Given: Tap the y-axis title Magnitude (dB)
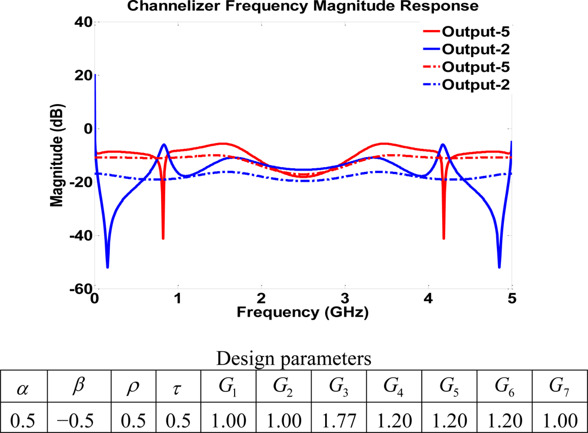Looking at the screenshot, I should [57, 155].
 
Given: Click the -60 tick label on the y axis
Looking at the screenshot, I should [79, 288].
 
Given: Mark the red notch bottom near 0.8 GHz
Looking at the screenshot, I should [163, 238].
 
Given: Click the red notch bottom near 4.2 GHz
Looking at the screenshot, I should [443, 238].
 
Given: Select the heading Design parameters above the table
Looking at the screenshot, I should [293, 358].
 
